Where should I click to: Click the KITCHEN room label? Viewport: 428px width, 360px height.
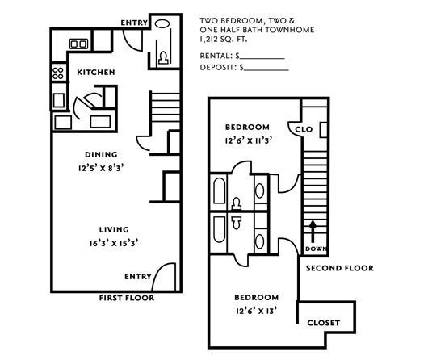coord(95,73)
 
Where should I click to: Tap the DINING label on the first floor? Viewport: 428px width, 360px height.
coord(101,154)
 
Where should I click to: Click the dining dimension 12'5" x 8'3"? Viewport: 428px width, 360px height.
coord(101,169)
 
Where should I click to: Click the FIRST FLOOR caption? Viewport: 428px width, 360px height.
coord(126,297)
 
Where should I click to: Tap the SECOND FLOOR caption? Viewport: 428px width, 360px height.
coord(339,268)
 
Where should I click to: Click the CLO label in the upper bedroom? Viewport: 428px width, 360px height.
coord(304,129)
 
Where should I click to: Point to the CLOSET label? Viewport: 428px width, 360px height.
coord(324,323)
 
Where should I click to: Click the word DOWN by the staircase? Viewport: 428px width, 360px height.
coord(315,249)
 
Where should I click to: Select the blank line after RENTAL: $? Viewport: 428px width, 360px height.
coord(262,56)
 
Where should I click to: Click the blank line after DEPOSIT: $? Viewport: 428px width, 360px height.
coord(266,69)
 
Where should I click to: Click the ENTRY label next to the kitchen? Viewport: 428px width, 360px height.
coord(133,23)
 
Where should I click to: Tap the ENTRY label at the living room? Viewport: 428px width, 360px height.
coord(137,276)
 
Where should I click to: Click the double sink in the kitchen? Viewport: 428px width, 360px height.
coord(79,43)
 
